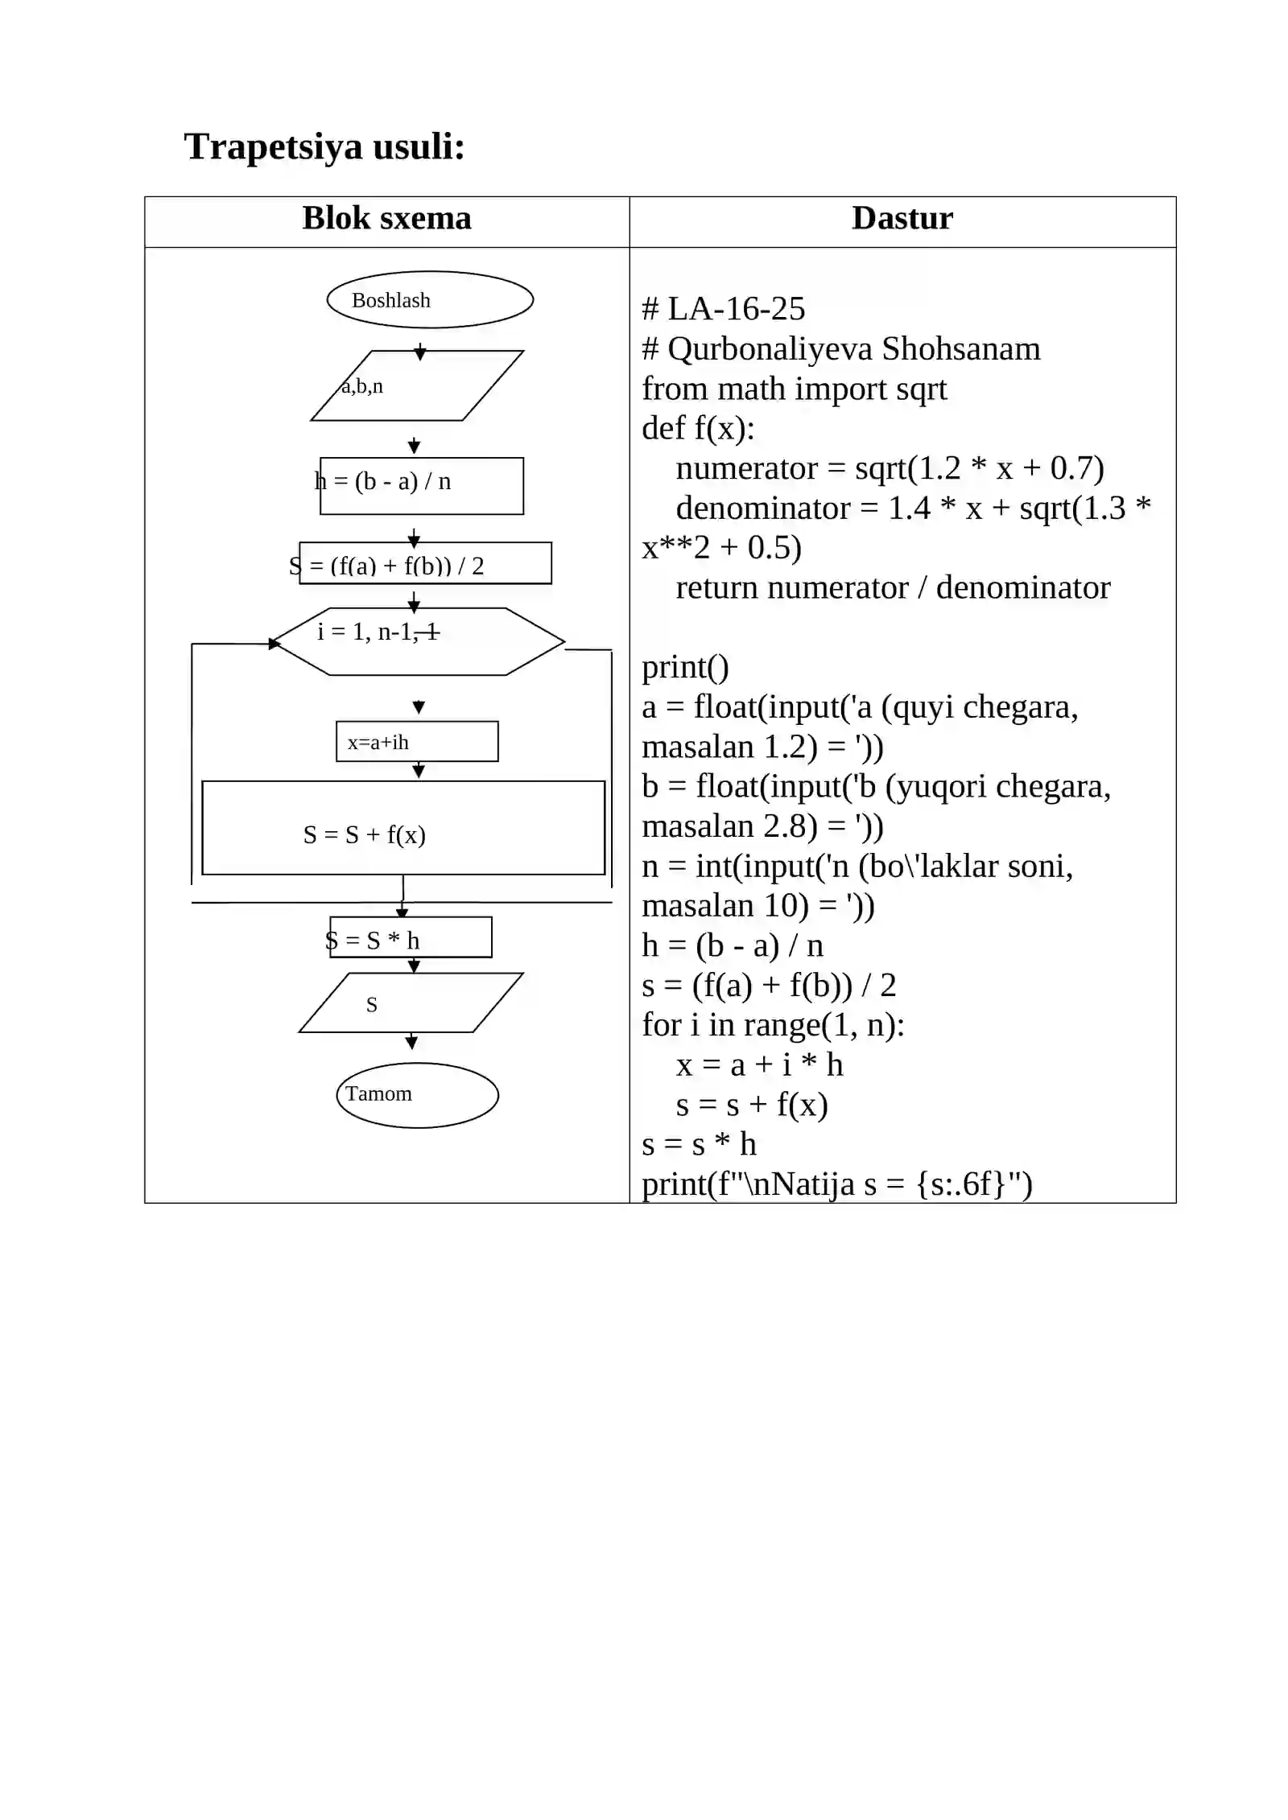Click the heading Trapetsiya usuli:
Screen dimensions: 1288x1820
324,147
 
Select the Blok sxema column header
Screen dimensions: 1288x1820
386,218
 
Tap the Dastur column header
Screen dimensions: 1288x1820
902,218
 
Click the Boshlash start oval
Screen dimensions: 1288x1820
430,299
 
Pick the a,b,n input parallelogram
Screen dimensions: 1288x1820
417,385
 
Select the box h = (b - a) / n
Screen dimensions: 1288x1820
422,485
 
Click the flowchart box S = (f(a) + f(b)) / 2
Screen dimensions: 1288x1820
425,562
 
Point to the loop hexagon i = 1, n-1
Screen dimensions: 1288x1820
419,641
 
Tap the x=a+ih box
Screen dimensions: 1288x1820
417,741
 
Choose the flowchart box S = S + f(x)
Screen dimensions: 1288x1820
403,827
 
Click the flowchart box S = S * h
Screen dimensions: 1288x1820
411,937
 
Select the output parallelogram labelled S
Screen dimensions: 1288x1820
411,1003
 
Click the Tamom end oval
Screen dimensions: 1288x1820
417,1095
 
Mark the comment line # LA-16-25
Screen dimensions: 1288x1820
723,309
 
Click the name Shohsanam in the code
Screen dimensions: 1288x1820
961,349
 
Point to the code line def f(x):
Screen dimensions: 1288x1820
698,429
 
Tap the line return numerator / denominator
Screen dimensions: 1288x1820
893,587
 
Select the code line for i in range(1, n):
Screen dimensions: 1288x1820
773,1025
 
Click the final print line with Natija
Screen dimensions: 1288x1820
837,1184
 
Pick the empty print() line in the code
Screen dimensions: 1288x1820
685,667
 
